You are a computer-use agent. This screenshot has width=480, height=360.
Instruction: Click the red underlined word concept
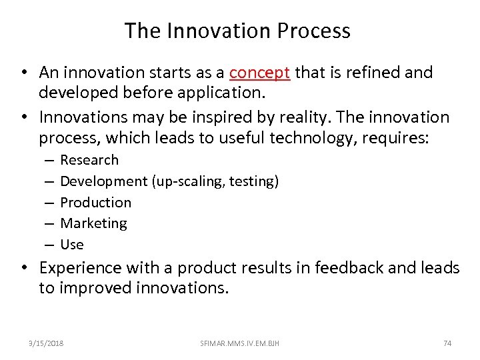click(259, 73)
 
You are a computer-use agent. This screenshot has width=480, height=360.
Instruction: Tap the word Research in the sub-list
click(89, 160)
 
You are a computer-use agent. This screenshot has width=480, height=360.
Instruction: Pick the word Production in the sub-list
click(95, 203)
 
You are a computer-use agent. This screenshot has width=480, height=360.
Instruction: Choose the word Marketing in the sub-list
click(93, 223)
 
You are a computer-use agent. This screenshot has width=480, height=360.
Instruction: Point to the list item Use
click(72, 245)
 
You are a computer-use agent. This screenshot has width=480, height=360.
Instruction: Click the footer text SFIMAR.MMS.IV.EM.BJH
click(240, 343)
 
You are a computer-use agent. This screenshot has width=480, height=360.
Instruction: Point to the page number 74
click(447, 343)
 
